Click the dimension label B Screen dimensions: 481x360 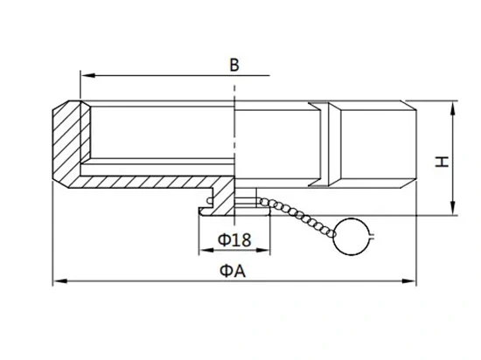[234, 65]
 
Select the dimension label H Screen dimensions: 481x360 [442, 162]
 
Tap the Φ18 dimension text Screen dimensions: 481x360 [234, 239]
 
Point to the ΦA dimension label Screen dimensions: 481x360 [233, 271]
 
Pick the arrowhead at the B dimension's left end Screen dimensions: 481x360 [88, 75]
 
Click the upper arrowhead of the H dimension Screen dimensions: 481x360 [453, 107]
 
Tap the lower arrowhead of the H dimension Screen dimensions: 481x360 [453, 208]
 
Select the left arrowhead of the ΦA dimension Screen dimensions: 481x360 [60, 280]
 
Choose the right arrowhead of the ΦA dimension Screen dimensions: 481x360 [409, 280]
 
